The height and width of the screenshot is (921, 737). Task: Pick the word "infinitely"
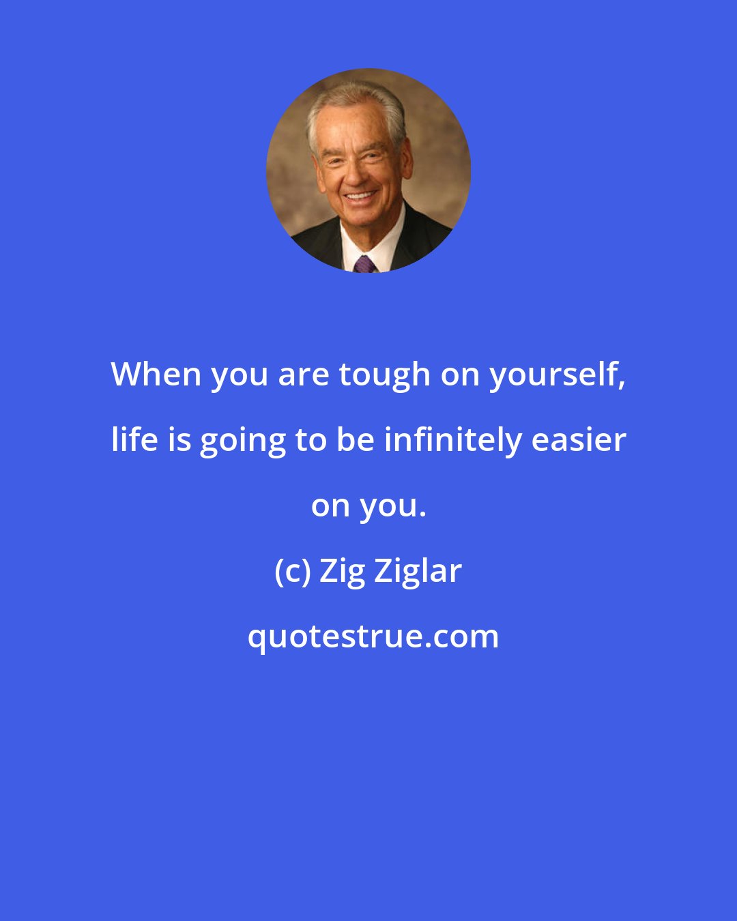point(453,439)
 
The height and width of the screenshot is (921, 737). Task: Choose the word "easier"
point(579,439)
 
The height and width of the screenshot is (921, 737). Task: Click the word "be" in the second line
point(355,439)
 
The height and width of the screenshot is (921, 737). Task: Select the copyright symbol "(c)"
point(292,571)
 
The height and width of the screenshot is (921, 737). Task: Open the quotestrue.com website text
point(373,637)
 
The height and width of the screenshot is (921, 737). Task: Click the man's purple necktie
point(364,264)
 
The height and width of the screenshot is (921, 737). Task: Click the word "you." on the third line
point(392,506)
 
